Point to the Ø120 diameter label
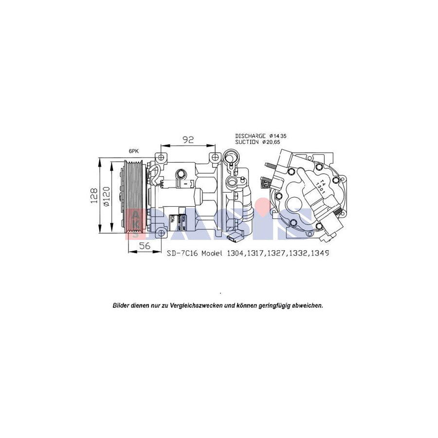(x=107, y=195)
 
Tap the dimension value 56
(x=145, y=246)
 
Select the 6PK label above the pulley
(x=134, y=152)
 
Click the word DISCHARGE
(x=250, y=136)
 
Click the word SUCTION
(x=247, y=142)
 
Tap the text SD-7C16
(x=181, y=254)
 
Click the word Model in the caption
(x=210, y=254)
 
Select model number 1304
(x=236, y=254)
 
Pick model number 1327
(x=278, y=254)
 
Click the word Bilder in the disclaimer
(x=121, y=306)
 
